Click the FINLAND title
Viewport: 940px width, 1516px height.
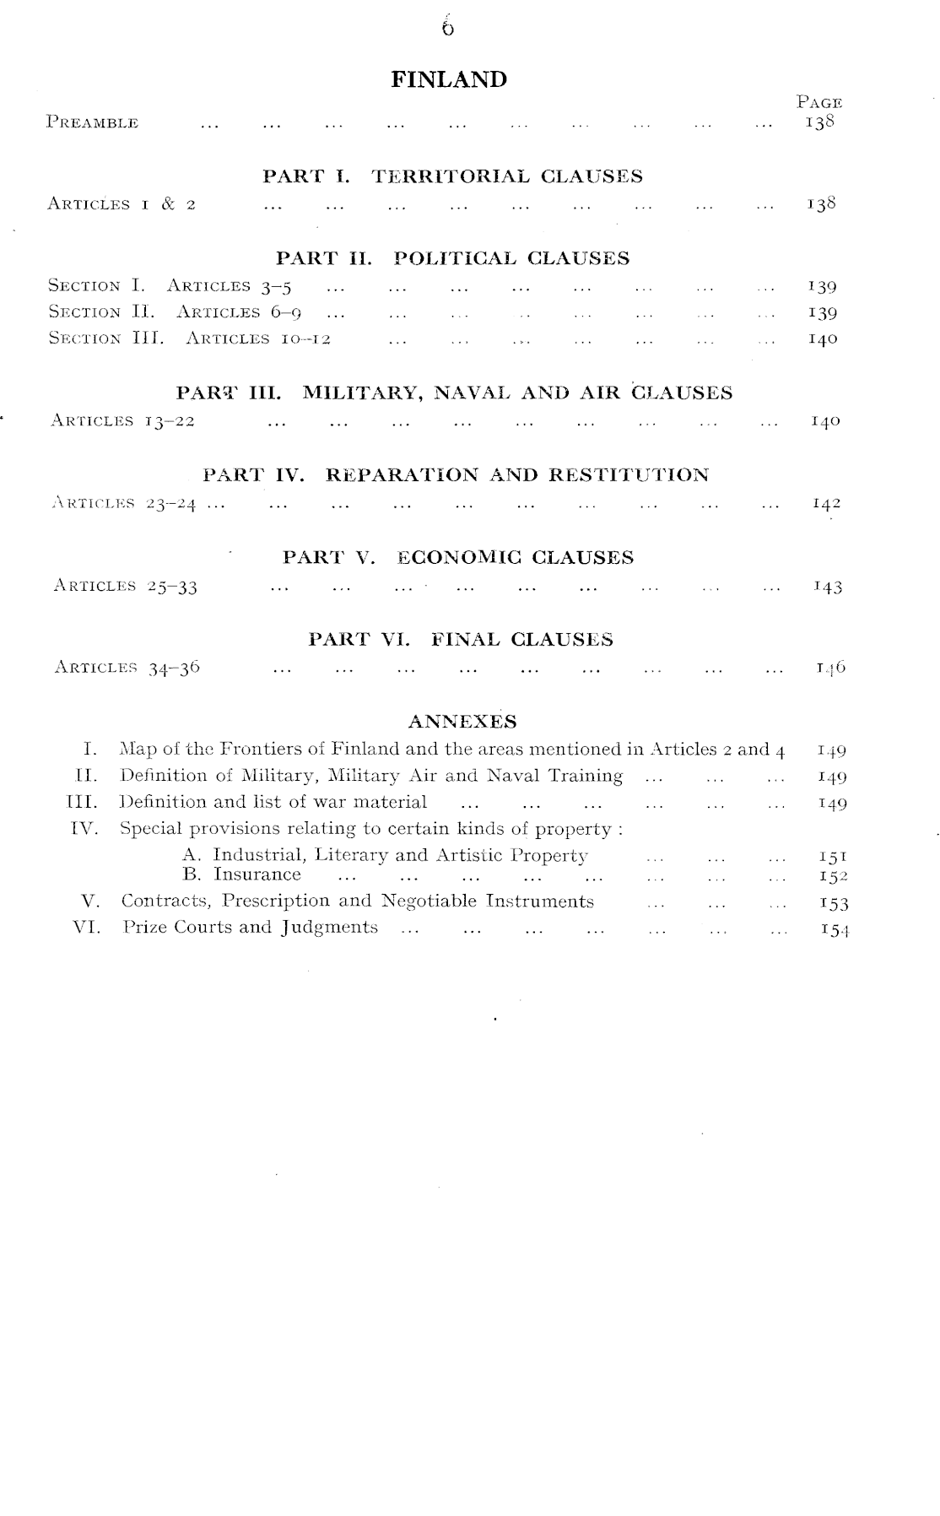click(449, 80)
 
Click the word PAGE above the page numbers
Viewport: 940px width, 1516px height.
click(818, 103)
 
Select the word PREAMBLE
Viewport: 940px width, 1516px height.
click(93, 123)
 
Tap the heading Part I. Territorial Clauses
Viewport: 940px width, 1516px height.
click(452, 176)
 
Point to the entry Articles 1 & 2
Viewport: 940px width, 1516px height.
click(122, 204)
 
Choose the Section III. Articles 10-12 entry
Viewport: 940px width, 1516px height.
click(189, 339)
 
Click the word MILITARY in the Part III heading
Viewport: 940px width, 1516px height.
click(366, 393)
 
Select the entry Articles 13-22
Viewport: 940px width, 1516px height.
click(123, 421)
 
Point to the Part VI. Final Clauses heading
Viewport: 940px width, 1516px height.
click(461, 640)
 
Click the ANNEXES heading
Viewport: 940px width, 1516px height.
click(462, 722)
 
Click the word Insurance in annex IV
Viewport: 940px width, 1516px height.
click(257, 874)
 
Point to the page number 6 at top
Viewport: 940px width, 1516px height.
click(447, 29)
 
